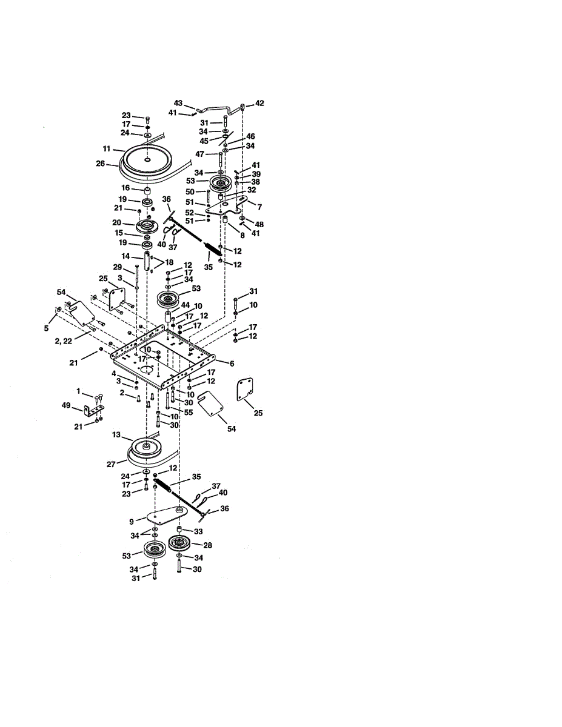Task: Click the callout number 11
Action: pyautogui.click(x=106, y=148)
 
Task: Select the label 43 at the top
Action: pyautogui.click(x=178, y=103)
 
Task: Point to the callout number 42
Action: pyautogui.click(x=259, y=104)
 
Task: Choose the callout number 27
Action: pyautogui.click(x=111, y=465)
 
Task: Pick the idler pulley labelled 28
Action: pyautogui.click(x=180, y=543)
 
